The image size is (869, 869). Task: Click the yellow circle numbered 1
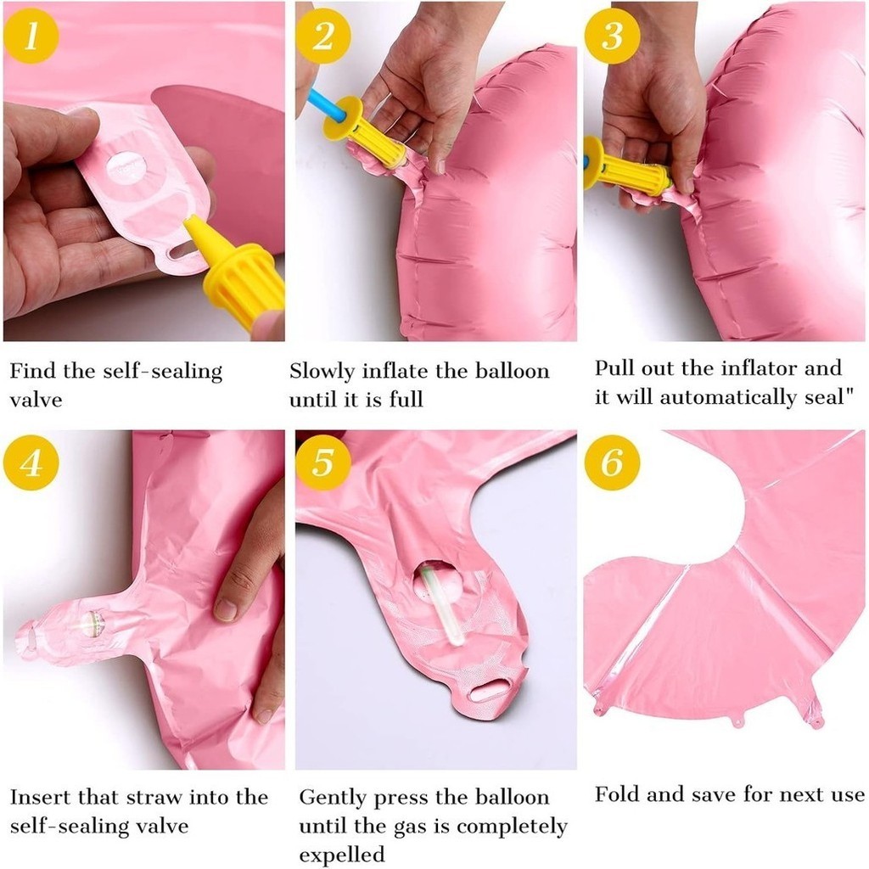(x=31, y=36)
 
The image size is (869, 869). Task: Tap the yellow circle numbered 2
(x=323, y=36)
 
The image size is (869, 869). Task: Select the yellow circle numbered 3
(x=612, y=36)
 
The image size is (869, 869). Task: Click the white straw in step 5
(x=441, y=606)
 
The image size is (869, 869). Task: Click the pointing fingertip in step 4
(x=226, y=608)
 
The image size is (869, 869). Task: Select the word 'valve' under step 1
(x=36, y=400)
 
